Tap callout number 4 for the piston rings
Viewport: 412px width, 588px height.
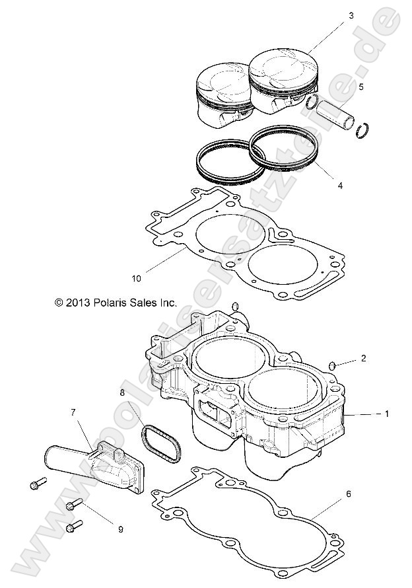[339, 186]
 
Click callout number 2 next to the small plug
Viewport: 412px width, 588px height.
[362, 359]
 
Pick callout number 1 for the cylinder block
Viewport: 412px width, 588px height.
[387, 414]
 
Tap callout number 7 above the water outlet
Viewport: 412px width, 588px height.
[73, 412]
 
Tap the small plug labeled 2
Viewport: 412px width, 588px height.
[334, 365]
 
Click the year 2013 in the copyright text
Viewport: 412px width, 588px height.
[78, 303]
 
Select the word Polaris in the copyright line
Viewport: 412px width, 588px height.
[113, 303]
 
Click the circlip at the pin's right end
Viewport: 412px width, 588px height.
[361, 129]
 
